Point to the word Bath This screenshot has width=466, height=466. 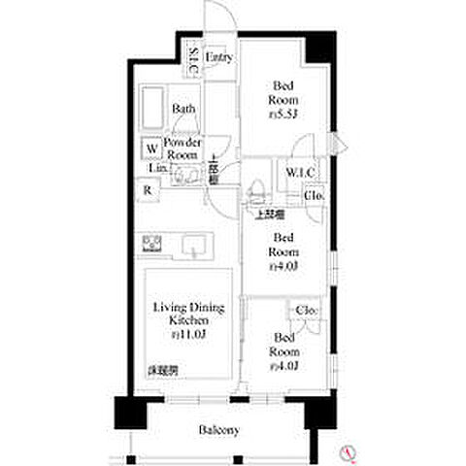(184, 109)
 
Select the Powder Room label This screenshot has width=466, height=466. (183, 148)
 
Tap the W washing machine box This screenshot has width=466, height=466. (151, 149)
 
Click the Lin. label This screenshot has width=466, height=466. (156, 169)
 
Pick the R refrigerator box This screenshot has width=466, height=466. (149, 190)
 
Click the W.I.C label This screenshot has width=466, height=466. (297, 173)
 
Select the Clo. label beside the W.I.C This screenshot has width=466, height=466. (315, 195)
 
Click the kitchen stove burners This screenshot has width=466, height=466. (152, 243)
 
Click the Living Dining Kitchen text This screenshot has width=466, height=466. (187, 314)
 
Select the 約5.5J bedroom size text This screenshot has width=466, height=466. (283, 115)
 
